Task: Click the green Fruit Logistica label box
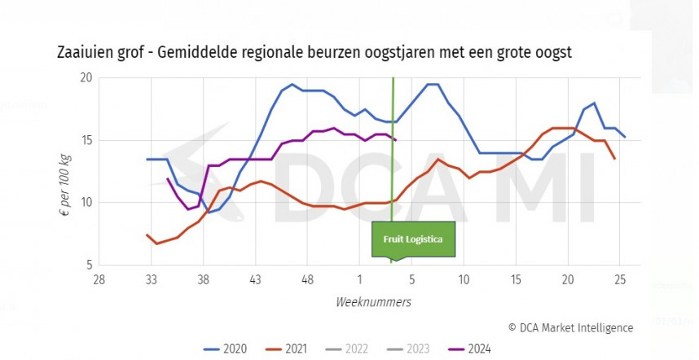tap(413, 240)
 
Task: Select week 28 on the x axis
tap(99, 279)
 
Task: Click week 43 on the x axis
tap(255, 279)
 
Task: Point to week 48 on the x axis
tap(307, 279)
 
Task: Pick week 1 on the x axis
tap(359, 279)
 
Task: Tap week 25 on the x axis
tap(619, 279)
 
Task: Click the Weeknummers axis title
tap(373, 301)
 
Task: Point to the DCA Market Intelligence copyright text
tap(570, 327)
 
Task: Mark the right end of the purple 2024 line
tap(396, 140)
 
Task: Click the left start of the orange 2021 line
tap(147, 235)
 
